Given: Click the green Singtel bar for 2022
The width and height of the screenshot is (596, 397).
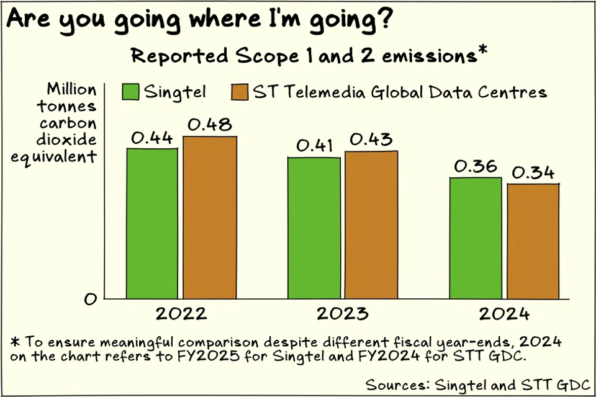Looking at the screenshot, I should [x=152, y=223].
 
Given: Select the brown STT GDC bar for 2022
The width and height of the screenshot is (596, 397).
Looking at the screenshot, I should [x=210, y=217].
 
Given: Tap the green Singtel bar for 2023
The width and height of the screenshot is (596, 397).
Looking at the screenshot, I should [x=314, y=228].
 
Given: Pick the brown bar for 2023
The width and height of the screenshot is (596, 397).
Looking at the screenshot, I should [x=371, y=225].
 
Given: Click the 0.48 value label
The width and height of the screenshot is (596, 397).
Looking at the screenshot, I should [x=209, y=125].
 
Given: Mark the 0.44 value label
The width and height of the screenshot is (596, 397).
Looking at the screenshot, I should [x=152, y=138].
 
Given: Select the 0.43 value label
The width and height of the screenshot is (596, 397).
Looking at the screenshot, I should [x=371, y=140].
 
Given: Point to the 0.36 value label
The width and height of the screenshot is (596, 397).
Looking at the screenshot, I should [x=476, y=167].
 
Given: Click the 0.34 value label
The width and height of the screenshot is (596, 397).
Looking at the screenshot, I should [x=533, y=173].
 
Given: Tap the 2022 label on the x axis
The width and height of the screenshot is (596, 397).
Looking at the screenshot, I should [x=181, y=313].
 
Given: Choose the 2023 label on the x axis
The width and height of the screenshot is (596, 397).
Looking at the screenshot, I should [x=342, y=313].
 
